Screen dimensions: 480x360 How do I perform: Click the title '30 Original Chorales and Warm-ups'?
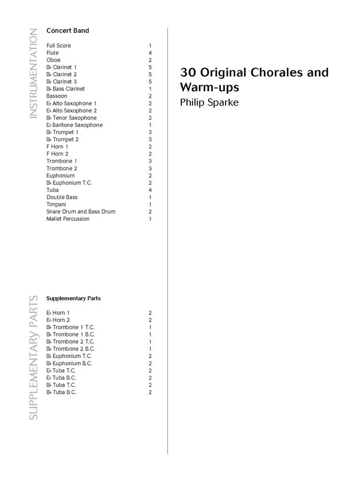(254, 80)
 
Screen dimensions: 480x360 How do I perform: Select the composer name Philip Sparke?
(209, 102)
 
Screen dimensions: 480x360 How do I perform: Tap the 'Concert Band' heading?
(67, 31)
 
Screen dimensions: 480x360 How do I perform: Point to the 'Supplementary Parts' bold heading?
(73, 298)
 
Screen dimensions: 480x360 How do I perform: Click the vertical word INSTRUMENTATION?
(33, 74)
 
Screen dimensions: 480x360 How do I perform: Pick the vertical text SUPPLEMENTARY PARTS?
(33, 357)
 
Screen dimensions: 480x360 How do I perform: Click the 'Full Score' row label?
(59, 45)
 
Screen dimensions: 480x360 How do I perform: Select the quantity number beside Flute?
(150, 53)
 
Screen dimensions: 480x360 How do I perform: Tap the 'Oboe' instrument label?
(53, 60)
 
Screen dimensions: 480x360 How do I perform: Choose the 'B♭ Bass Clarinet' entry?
(66, 89)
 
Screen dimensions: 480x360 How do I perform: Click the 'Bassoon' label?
(57, 96)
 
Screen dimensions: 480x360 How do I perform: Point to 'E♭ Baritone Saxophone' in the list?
(74, 125)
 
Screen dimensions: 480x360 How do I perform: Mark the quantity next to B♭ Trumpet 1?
(150, 132)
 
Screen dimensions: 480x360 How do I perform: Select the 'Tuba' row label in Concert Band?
(52, 190)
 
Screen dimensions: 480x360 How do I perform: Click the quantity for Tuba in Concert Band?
(150, 190)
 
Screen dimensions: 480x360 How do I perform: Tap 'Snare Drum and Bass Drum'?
(81, 211)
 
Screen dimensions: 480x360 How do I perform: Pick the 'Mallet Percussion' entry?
(68, 219)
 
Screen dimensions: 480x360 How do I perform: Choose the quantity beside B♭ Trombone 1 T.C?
(150, 327)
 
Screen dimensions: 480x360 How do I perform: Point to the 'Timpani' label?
(56, 204)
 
